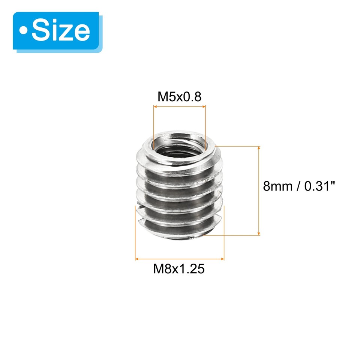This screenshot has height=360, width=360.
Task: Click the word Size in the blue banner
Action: [61, 31]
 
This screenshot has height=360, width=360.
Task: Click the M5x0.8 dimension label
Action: [180, 97]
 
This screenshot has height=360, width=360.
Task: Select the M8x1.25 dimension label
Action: [179, 269]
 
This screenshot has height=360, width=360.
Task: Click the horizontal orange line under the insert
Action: [179, 259]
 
